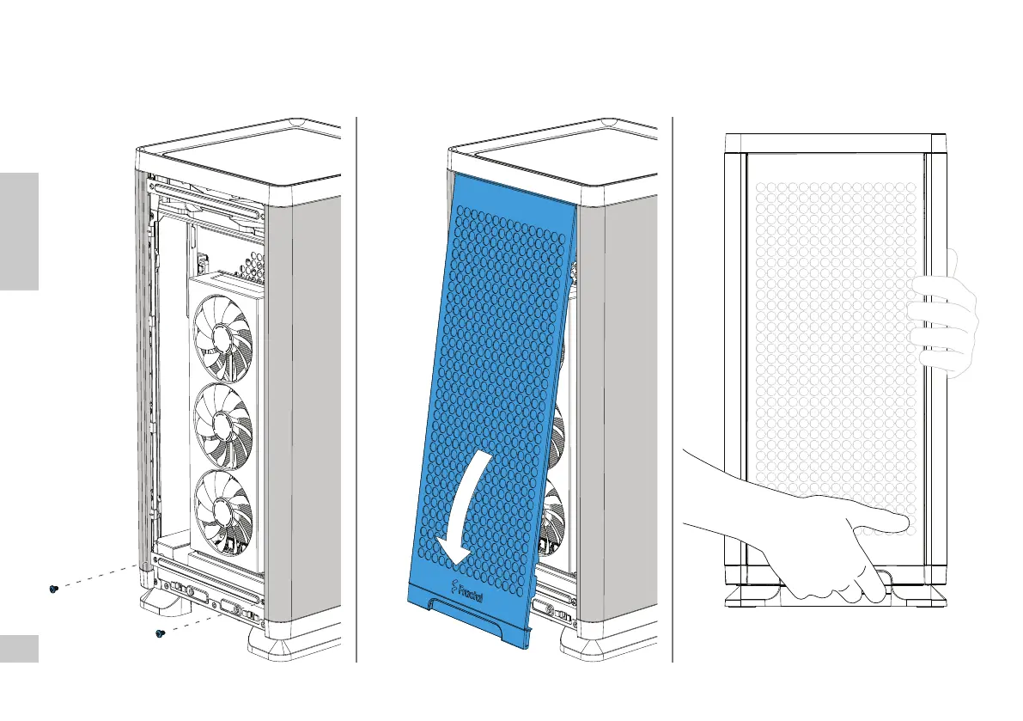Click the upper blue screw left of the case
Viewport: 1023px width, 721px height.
53,589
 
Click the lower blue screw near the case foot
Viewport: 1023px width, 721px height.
159,634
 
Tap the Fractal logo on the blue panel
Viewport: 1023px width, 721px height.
469,590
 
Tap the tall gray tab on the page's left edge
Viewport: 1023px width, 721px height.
19,231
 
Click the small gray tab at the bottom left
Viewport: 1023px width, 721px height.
19,649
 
